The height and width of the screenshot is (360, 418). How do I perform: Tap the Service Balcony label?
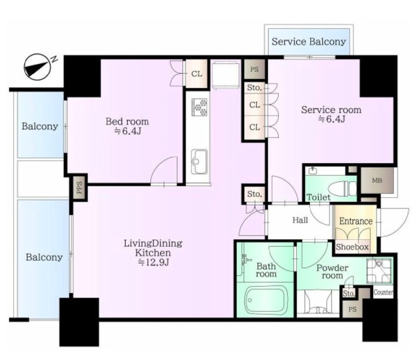point(309,42)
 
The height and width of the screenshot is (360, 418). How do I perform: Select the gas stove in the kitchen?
point(199,107)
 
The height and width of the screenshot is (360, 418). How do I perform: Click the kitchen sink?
point(199,161)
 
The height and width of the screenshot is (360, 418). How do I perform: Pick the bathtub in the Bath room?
point(265,300)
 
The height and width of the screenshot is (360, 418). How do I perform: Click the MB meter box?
point(377,180)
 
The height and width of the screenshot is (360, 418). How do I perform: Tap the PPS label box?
point(79,187)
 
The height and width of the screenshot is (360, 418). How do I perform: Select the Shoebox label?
point(352,247)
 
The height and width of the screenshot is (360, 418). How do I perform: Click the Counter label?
point(383,292)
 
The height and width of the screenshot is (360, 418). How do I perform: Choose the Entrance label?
point(356,221)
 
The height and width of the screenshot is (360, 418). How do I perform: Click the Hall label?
point(300,220)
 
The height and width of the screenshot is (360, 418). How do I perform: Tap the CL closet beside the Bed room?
point(197,74)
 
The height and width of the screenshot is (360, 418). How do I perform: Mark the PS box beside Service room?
point(254,69)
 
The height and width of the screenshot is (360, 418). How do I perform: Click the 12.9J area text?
point(153,263)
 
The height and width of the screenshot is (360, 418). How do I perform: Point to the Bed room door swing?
point(164,170)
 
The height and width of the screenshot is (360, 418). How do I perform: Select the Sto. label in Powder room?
point(349,293)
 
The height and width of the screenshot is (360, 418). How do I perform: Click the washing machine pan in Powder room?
point(380,271)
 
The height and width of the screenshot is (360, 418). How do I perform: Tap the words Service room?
point(331,110)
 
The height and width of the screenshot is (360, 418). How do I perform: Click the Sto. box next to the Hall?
point(254,194)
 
